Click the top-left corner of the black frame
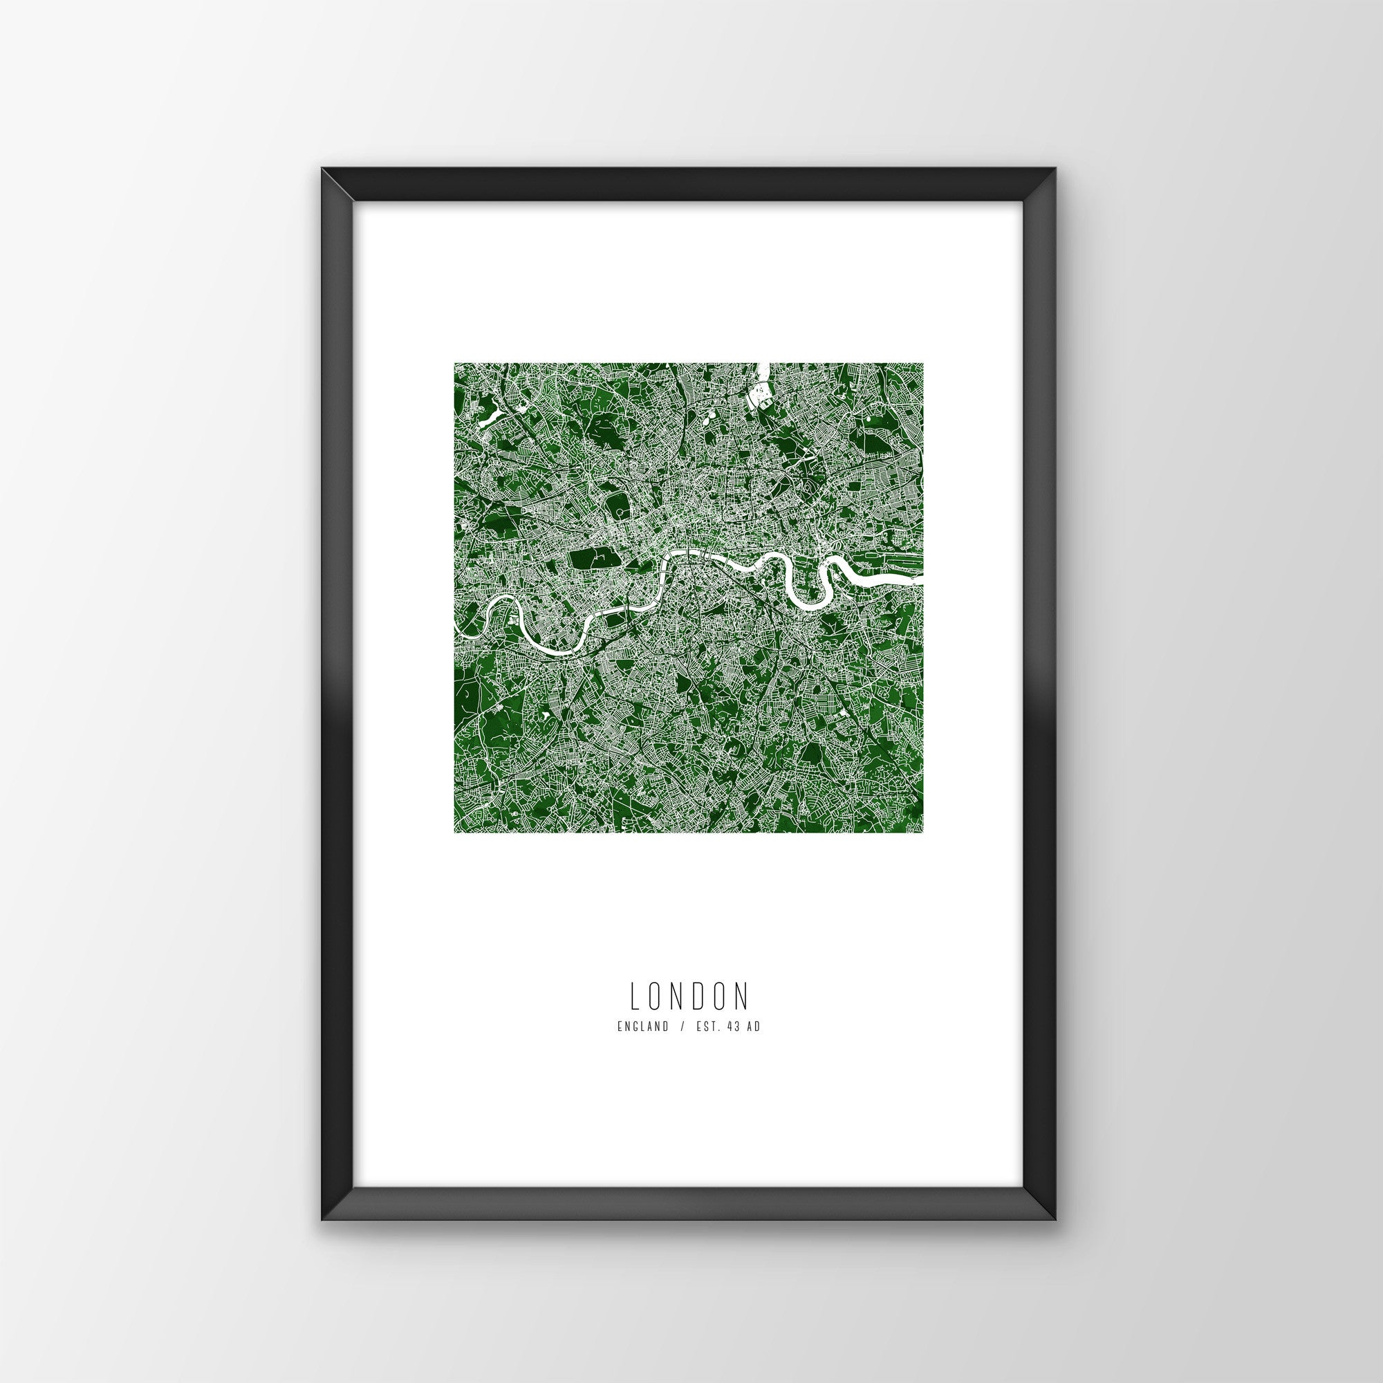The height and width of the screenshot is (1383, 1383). pyautogui.click(x=324, y=190)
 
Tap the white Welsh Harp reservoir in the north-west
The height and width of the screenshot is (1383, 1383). pyautogui.click(x=493, y=414)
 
